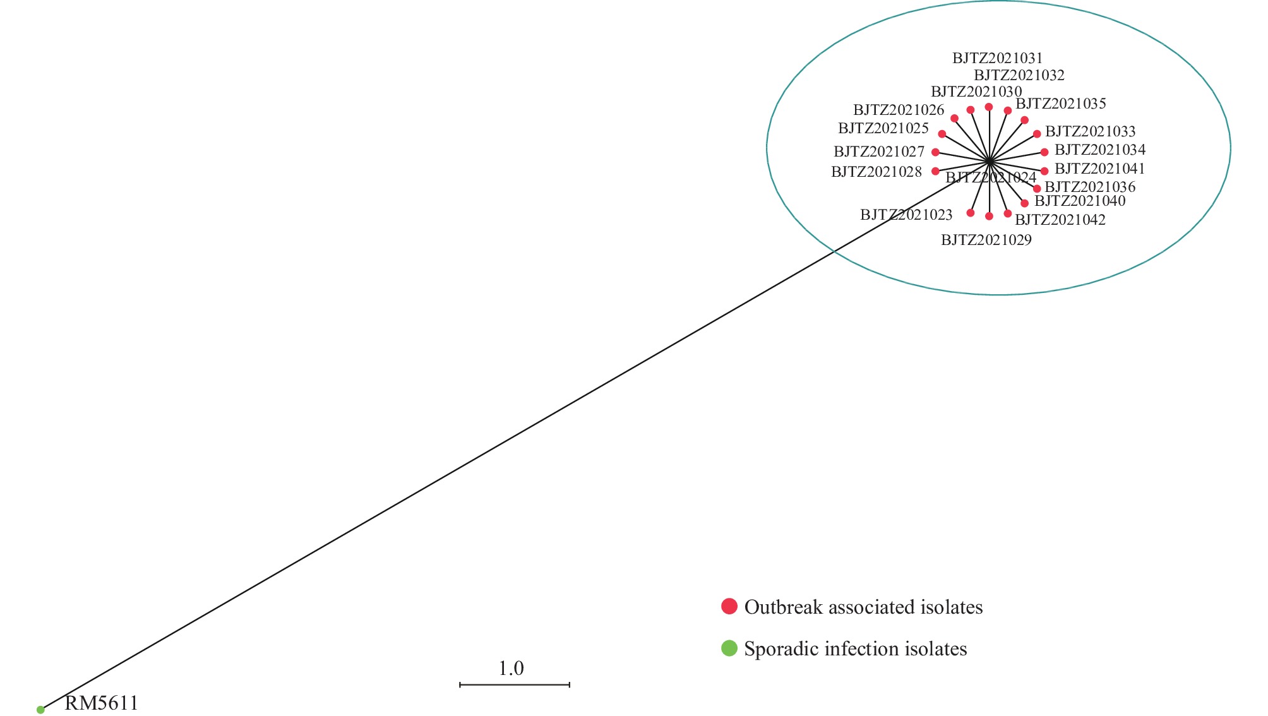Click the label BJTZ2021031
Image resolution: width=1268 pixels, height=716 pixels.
[x=998, y=59]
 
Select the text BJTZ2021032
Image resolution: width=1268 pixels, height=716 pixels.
[x=1019, y=76]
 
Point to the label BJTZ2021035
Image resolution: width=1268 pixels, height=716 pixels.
[x=1061, y=104]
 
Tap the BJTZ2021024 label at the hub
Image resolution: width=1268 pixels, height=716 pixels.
[x=991, y=178]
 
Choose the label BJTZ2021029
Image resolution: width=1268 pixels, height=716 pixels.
[x=986, y=241]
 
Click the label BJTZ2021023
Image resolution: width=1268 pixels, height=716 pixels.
[x=906, y=215]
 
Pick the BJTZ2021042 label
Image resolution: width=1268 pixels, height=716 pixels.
[x=1060, y=220]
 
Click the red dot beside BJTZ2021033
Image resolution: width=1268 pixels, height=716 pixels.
[x=1037, y=134]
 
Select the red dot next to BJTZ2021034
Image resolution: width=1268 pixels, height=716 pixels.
[x=1044, y=152]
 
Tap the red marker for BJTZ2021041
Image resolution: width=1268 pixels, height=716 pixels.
[x=1044, y=171]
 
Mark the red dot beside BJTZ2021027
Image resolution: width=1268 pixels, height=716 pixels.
[x=935, y=152]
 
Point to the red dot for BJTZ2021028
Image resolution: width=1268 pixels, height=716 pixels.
[x=935, y=171]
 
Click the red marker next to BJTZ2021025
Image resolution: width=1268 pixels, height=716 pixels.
[x=942, y=134]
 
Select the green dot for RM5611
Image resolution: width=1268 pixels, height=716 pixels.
[x=40, y=710]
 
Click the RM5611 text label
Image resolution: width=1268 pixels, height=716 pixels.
[x=101, y=703]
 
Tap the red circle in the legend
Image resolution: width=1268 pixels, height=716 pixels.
[x=729, y=606]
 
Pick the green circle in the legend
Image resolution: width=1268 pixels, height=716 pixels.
[x=729, y=648]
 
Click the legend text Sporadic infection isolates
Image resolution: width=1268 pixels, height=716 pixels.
[x=856, y=649]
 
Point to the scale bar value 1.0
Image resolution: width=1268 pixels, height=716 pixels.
[x=511, y=668]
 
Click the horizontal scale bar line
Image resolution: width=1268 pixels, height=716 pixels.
[x=515, y=684]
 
